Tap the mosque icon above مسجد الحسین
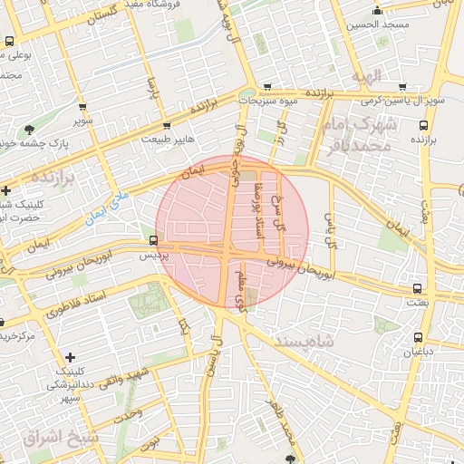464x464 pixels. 377,11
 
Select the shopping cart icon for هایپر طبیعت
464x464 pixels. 166,126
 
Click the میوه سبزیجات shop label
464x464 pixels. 268,102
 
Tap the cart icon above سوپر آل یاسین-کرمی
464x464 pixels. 401,87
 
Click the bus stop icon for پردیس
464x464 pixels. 152,241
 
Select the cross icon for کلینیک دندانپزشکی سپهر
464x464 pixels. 70,358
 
